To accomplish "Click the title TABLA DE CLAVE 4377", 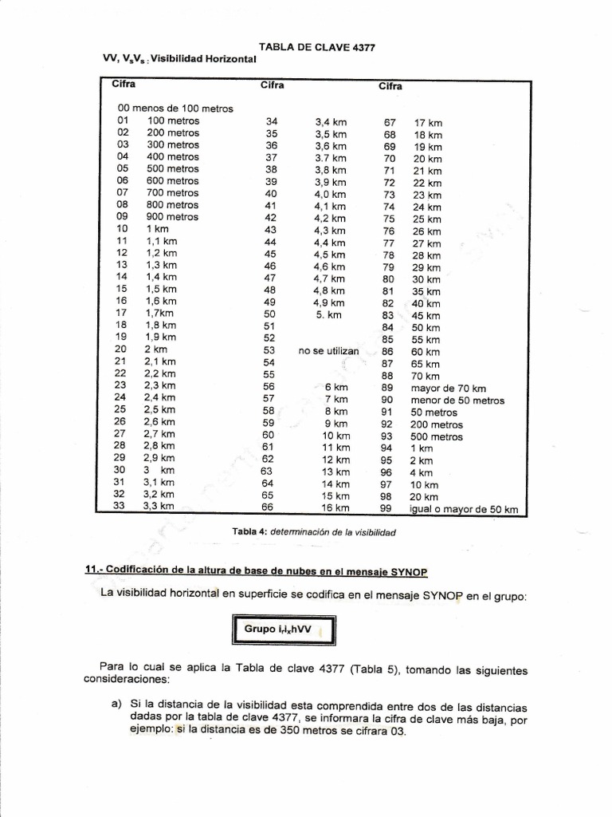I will [x=317, y=47].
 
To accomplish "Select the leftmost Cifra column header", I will [x=124, y=83].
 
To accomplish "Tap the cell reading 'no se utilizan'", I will [x=329, y=351].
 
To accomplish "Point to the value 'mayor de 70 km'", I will [x=448, y=388].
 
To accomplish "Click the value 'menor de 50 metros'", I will [x=457, y=400].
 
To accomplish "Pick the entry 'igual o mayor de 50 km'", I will [x=465, y=509].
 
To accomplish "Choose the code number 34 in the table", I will [x=271, y=122].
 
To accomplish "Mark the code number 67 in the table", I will [x=389, y=123].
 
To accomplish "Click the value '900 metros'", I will [x=172, y=216].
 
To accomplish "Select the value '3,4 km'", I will [x=331, y=122].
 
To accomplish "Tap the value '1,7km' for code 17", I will [x=160, y=314].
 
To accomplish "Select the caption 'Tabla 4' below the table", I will [x=250, y=531].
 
